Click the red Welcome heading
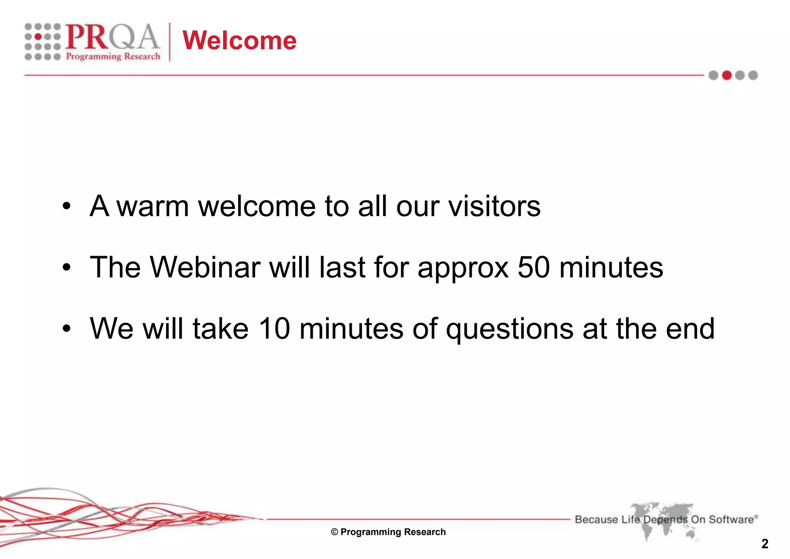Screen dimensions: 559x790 pos(239,41)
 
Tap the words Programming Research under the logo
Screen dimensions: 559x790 pos(113,57)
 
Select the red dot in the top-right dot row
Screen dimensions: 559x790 pos(727,75)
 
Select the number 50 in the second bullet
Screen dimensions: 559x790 pos(533,267)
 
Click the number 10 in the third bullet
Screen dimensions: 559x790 pos(274,329)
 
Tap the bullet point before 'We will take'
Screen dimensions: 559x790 pos(67,329)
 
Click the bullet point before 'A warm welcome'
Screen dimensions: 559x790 pos(67,206)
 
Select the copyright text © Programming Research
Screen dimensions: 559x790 pos(388,532)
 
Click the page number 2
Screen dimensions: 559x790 pos(765,544)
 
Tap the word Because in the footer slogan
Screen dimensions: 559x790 pos(596,519)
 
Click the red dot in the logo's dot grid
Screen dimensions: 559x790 pos(38,37)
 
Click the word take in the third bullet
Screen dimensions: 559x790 pos(220,329)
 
